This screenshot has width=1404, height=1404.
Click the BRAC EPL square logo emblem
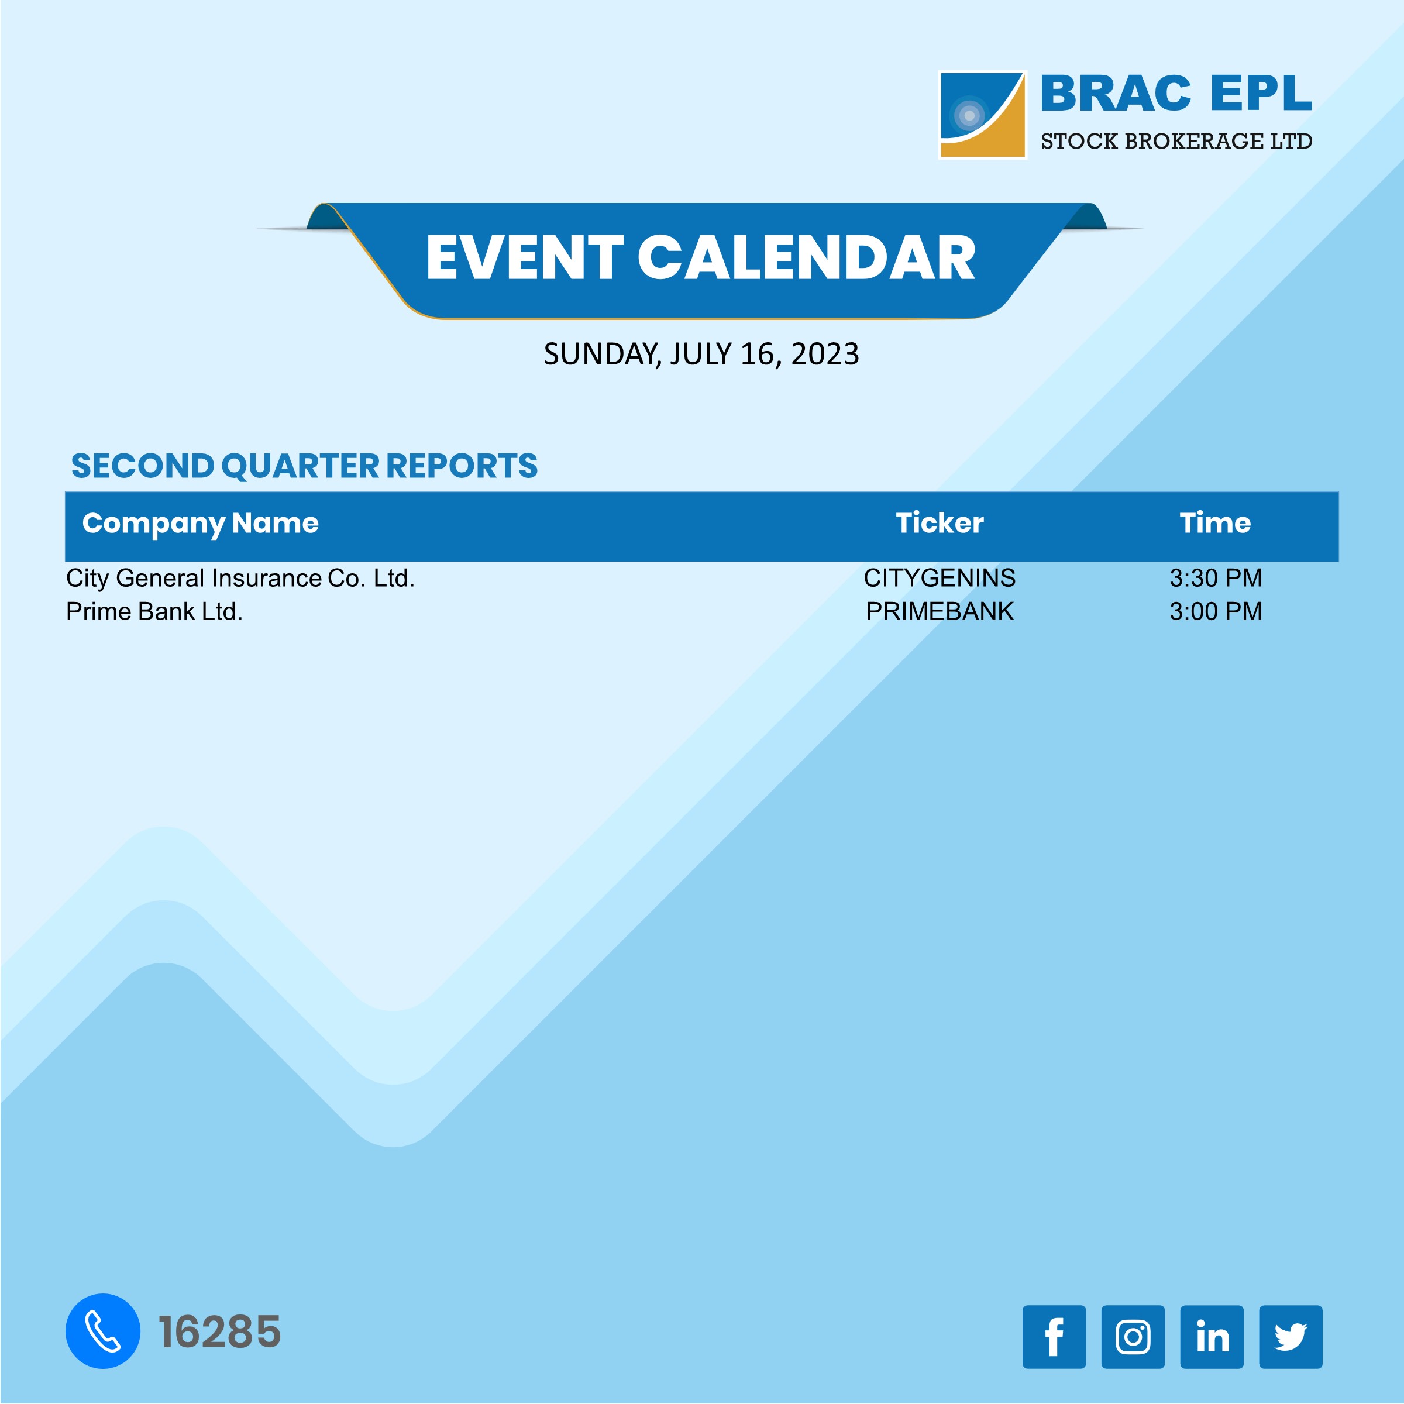coord(983,115)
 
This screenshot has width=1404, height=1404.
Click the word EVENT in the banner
coord(524,258)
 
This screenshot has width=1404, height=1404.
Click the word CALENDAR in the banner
coord(806,258)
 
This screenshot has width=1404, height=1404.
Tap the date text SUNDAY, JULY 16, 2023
coord(701,355)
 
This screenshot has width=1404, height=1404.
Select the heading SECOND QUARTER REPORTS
coord(304,466)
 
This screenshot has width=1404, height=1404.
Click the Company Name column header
coord(200,523)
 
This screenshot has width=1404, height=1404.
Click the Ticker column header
coord(939,523)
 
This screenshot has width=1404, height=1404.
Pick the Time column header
coord(1215,523)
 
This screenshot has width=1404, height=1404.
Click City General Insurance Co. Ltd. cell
coord(240,579)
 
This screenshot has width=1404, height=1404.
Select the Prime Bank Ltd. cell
coord(154,612)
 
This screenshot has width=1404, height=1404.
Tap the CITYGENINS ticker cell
coord(939,579)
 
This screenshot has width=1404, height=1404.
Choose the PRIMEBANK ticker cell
coord(939,612)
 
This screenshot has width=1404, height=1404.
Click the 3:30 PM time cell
coord(1215,579)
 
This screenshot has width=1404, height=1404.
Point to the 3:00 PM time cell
coord(1215,612)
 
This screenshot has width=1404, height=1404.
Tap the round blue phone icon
coord(102,1331)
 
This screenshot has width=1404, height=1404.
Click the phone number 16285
coord(219,1332)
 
